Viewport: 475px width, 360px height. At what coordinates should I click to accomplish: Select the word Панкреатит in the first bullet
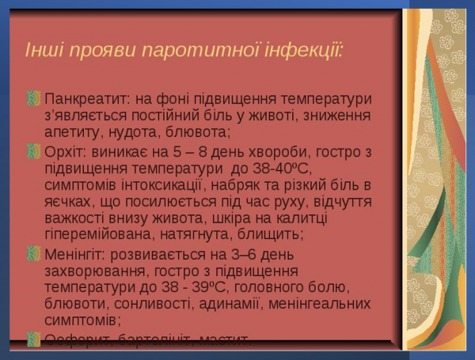coord(86,100)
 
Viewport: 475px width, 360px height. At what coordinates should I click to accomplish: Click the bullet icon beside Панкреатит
coord(33,99)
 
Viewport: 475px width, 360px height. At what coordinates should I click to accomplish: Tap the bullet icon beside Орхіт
coord(33,150)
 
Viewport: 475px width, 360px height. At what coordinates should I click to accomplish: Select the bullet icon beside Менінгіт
coord(33,253)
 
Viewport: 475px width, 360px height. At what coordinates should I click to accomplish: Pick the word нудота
coord(132,133)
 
